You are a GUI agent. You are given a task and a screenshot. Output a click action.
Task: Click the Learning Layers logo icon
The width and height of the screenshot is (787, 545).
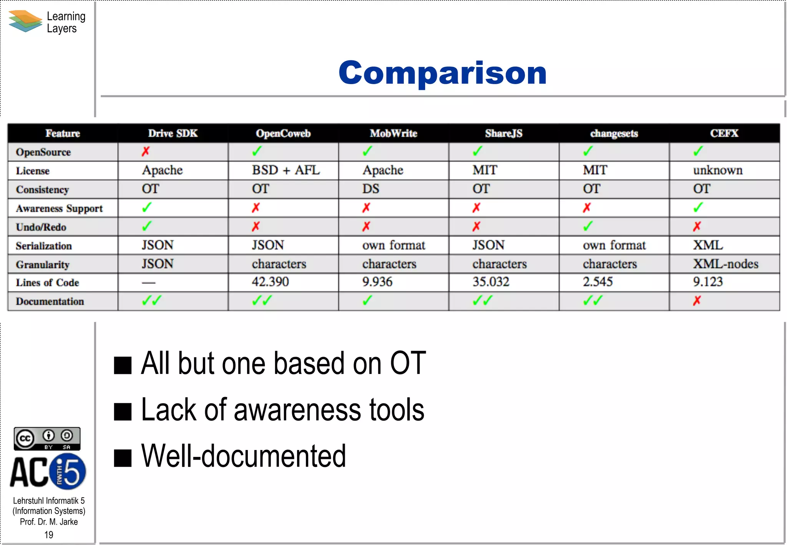tap(25, 21)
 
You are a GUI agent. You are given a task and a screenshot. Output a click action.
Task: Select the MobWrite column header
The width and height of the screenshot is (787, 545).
tap(393, 133)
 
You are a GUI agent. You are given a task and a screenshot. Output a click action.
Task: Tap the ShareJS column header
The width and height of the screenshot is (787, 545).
tap(503, 133)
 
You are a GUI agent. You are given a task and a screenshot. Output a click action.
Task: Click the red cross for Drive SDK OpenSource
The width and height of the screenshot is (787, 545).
tap(145, 151)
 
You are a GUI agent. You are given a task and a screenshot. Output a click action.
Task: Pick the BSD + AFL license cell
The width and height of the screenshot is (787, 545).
tap(286, 170)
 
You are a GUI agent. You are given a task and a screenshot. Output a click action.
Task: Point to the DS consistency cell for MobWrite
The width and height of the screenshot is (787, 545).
tap(370, 189)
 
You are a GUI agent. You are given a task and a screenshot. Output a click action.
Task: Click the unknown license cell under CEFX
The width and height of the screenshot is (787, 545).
tap(717, 170)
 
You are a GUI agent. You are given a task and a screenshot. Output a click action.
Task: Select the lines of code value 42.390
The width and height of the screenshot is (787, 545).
tap(270, 282)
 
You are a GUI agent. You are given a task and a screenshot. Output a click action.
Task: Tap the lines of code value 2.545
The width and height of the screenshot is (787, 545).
tap(598, 282)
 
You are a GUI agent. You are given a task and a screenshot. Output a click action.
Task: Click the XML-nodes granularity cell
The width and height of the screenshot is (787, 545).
tap(726, 264)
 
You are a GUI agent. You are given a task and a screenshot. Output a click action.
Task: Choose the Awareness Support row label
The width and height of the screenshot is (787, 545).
tap(59, 208)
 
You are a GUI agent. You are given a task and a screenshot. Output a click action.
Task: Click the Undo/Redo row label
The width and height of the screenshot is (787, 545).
tap(41, 227)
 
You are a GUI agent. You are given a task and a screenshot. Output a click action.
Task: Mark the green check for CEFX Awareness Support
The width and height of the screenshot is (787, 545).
tap(698, 208)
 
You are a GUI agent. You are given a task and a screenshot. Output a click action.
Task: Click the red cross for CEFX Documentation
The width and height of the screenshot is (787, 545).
tap(697, 301)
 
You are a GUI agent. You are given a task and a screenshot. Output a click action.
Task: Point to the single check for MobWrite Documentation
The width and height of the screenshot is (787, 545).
tap(367, 300)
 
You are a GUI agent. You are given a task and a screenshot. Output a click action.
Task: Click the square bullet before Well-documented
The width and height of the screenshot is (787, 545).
tap(123, 458)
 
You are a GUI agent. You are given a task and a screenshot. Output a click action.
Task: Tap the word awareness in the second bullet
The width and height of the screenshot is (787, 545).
tap(297, 410)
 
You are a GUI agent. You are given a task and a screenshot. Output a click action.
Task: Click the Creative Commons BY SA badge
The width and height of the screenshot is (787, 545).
tap(47, 439)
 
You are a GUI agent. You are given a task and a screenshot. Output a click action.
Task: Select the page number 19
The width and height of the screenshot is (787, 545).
tap(49, 535)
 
